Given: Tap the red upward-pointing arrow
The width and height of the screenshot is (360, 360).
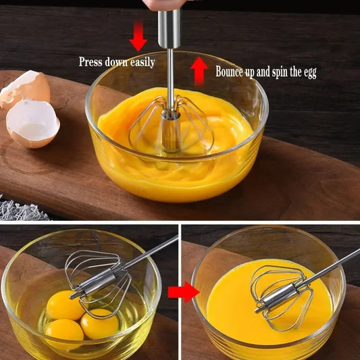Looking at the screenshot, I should (x=199, y=71).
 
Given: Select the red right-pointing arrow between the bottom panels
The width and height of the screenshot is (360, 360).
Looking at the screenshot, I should (x=183, y=292).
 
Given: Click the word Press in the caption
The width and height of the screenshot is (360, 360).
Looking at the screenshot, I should (x=91, y=62).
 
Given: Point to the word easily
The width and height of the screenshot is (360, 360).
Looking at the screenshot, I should (x=141, y=63).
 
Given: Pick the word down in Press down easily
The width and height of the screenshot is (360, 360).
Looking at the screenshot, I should (x=116, y=62).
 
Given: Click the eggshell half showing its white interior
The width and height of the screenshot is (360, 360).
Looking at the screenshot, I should (x=32, y=123).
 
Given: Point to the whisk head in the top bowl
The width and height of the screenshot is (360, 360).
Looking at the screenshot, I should (x=172, y=126).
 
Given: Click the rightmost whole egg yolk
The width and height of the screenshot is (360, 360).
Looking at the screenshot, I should (x=99, y=325).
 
